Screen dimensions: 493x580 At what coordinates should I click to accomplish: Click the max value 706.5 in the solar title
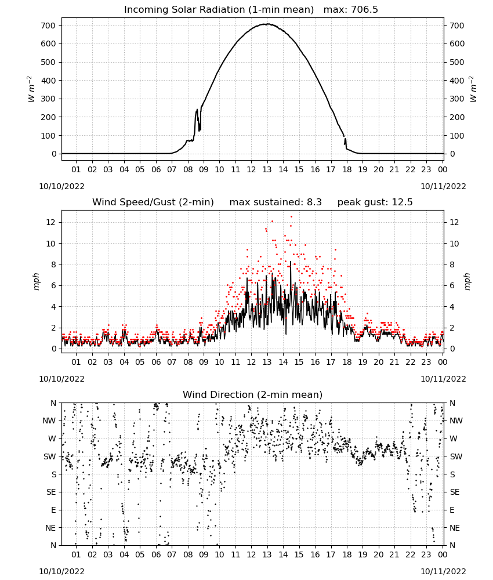364,9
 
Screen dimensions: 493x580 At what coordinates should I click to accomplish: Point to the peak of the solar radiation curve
267,24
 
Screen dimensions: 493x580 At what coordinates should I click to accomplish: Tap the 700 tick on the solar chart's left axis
48,26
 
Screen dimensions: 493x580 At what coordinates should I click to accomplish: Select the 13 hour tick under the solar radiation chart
267,169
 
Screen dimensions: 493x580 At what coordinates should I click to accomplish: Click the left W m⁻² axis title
31,89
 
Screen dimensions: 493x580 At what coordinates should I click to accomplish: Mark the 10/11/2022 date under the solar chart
443,186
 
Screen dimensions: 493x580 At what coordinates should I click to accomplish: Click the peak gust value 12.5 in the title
403,202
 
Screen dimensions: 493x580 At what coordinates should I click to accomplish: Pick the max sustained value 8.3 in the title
314,202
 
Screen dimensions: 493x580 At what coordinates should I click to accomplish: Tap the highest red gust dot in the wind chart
291,216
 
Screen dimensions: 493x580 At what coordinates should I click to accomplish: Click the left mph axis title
36,281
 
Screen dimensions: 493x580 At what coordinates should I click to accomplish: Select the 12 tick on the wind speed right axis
454,222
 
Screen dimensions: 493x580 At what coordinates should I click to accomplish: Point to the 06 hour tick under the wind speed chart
155,362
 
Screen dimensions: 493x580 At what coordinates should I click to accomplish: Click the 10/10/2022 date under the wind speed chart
61,379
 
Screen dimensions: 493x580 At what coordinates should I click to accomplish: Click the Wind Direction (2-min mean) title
253,394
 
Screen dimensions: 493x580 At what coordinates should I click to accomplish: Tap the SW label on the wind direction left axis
50,456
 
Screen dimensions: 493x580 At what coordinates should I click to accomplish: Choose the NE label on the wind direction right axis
455,528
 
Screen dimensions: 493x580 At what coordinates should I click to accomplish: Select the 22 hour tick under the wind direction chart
410,554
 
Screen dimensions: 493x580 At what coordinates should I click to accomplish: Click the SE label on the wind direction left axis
51,492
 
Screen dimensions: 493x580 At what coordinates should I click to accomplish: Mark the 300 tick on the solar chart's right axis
457,99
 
